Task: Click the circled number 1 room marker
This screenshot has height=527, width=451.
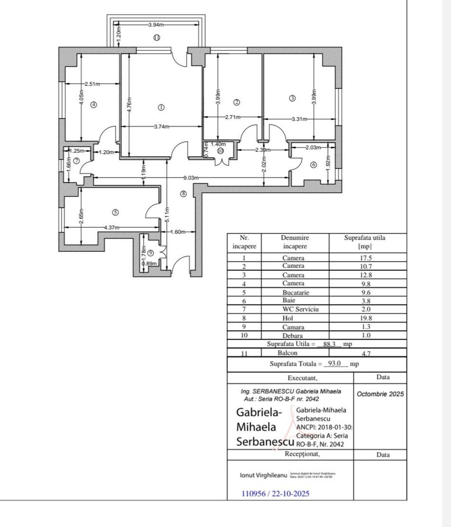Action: pyautogui.click(x=161, y=107)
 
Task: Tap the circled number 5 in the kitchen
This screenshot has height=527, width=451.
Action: pyautogui.click(x=115, y=212)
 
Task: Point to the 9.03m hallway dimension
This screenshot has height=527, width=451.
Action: pyautogui.click(x=191, y=178)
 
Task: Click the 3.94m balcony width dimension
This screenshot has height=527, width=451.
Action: pyautogui.click(x=157, y=25)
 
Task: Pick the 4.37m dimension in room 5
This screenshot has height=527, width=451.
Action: pyautogui.click(x=112, y=227)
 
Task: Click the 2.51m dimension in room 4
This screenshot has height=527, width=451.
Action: pyautogui.click(x=92, y=84)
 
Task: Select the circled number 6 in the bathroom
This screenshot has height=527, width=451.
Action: pyautogui.click(x=314, y=165)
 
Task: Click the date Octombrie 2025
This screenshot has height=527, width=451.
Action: pyautogui.click(x=380, y=394)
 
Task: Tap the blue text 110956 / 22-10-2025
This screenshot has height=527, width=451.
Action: pyautogui.click(x=275, y=493)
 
